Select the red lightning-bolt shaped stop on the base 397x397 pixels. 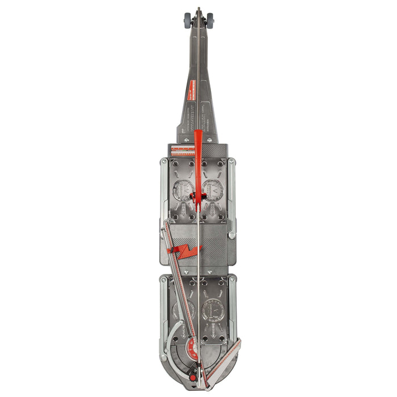185,251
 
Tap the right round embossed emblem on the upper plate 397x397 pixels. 213,191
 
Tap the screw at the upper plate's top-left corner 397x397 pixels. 164,162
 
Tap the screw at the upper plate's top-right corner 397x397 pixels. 232,162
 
